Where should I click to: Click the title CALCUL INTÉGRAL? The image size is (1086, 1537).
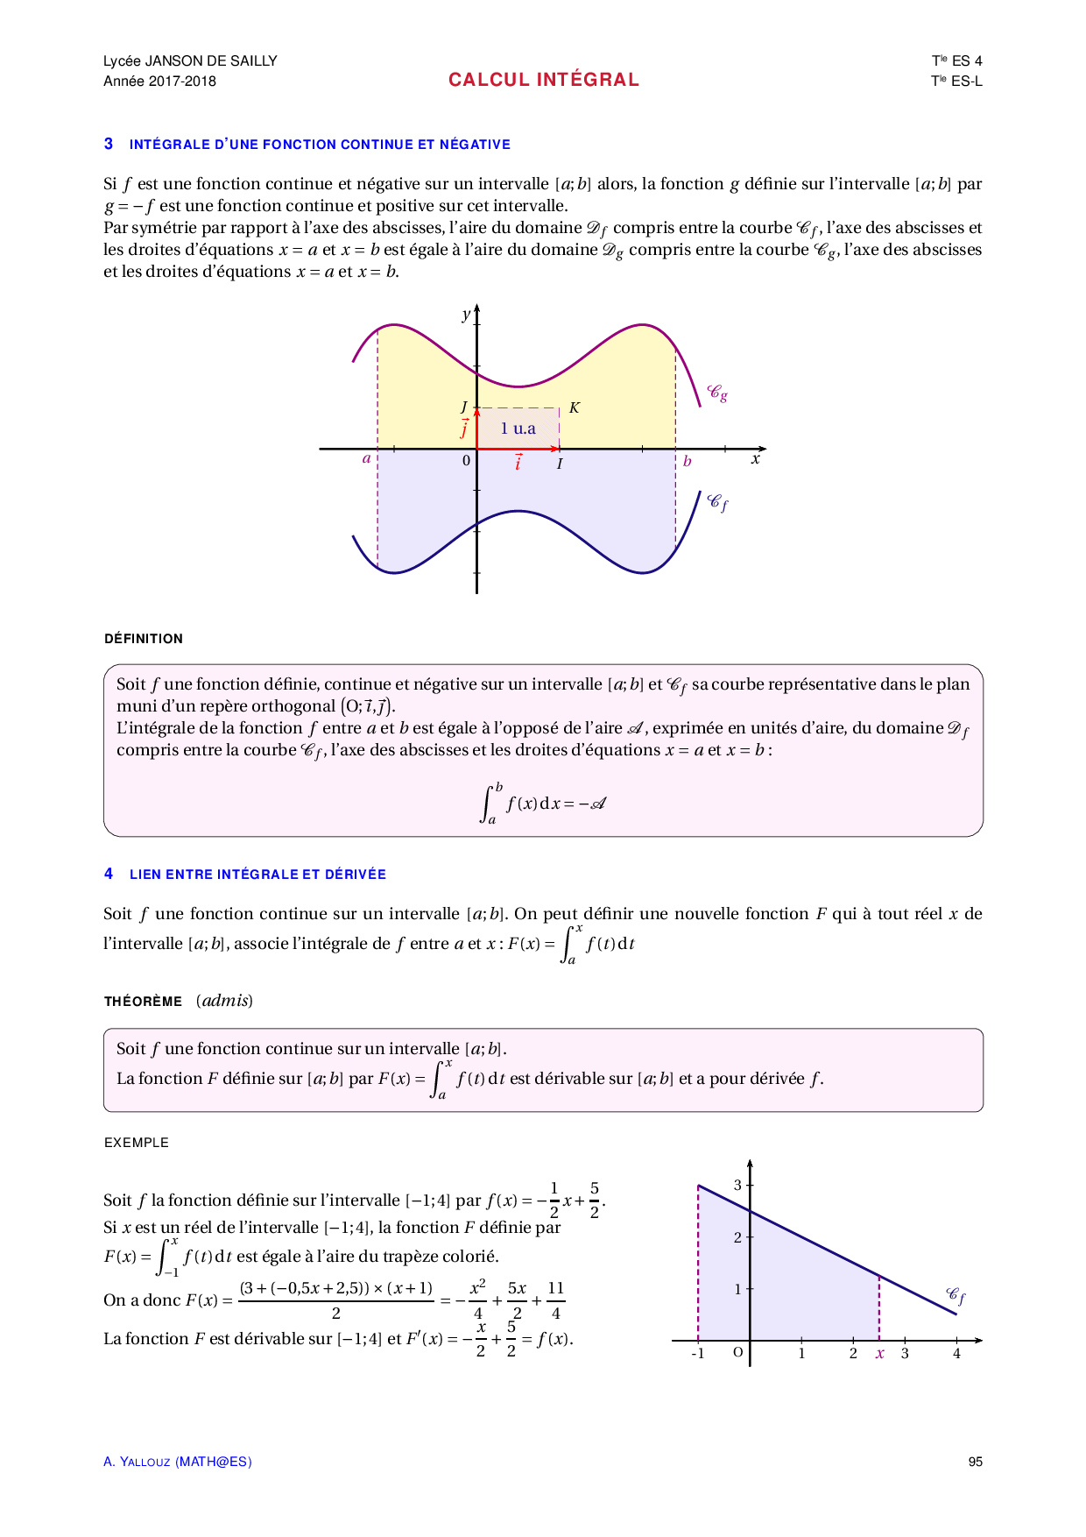click(543, 80)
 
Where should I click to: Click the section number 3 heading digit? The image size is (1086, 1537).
click(109, 144)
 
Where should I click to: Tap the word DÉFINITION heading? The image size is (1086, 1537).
click(144, 639)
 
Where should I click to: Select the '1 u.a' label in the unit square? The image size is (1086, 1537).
click(518, 429)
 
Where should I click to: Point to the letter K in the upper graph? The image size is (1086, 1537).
click(575, 407)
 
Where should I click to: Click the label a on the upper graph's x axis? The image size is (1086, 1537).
click(366, 458)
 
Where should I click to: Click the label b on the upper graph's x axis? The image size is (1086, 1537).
click(688, 461)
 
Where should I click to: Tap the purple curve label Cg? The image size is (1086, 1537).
click(717, 393)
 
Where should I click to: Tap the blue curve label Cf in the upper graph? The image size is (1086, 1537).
click(717, 503)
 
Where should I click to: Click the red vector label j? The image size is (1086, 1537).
click(464, 429)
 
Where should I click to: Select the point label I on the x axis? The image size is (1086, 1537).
click(560, 464)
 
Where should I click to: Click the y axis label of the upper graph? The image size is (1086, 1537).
click(466, 315)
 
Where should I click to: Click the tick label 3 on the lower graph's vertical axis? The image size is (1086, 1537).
click(737, 1185)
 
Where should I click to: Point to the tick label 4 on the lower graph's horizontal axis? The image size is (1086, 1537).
click(956, 1354)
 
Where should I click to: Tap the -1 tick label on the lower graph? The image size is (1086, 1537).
click(697, 1354)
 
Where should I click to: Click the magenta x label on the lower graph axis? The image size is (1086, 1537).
click(879, 1354)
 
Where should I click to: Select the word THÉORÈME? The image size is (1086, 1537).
click(143, 1002)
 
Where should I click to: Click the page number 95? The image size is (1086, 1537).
click(975, 1462)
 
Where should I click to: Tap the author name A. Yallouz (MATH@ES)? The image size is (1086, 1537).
click(177, 1462)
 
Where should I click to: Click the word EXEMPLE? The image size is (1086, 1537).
click(136, 1143)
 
